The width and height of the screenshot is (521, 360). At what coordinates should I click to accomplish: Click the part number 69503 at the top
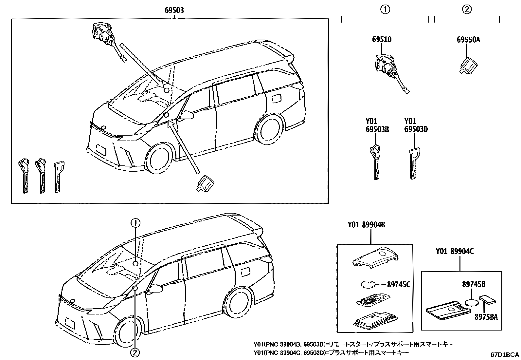tap(174, 10)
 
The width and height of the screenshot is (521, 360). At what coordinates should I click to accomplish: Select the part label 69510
tap(382, 40)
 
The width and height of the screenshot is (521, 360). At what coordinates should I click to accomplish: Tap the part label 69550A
tap(468, 40)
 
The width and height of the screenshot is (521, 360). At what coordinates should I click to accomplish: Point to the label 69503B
tap(377, 129)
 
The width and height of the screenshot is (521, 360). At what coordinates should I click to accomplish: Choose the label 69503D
tap(416, 129)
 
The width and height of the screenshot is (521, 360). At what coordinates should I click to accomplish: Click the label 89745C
tap(398, 285)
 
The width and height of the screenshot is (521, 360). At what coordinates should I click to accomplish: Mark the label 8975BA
tap(486, 317)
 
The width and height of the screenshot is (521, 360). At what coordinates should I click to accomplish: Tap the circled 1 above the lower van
tap(135, 223)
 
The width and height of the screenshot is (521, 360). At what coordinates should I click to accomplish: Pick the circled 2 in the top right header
tap(467, 9)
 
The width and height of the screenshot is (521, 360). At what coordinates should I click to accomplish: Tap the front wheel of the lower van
tap(127, 332)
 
